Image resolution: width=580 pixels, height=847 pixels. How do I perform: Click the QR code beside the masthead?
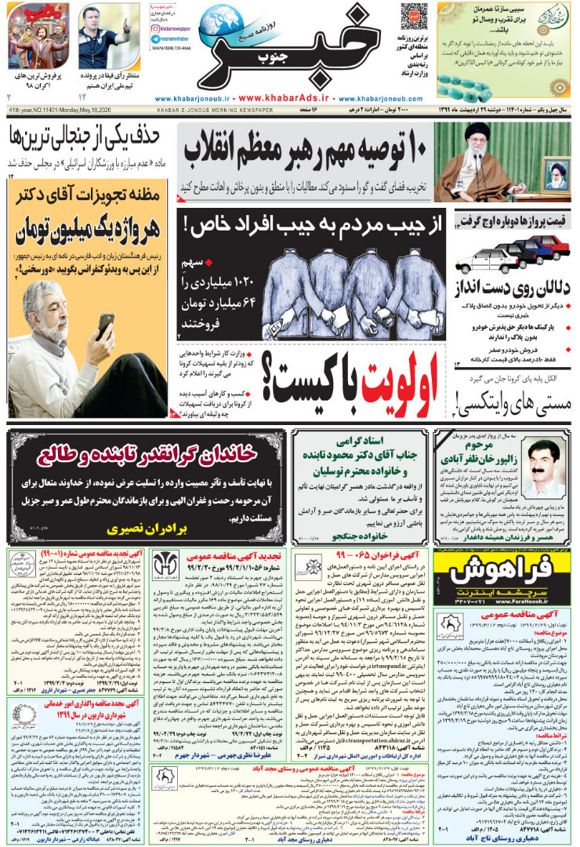point(413,16)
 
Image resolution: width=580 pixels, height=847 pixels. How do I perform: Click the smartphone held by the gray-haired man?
point(107,322)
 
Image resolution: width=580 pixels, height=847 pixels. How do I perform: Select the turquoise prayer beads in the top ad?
point(486,78)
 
